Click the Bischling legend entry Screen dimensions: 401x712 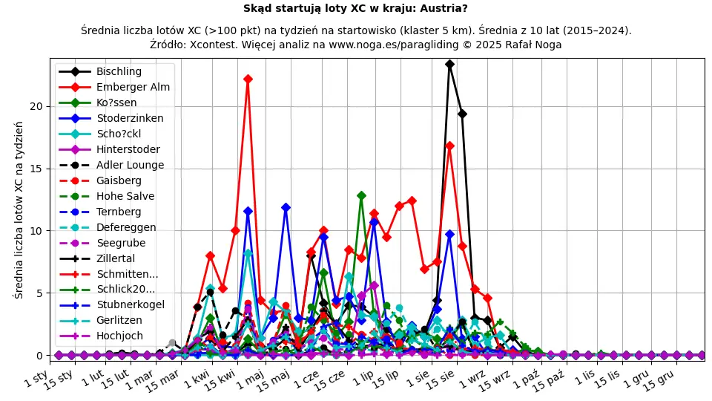(x=119, y=71)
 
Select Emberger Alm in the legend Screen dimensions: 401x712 (x=133, y=87)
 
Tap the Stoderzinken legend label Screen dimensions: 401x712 (x=130, y=118)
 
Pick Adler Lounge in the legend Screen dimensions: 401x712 (x=130, y=165)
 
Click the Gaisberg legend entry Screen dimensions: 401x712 (x=119, y=180)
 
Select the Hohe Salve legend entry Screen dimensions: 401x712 (x=125, y=196)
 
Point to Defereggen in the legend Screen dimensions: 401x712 (x=126, y=227)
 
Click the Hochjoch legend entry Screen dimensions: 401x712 (x=119, y=336)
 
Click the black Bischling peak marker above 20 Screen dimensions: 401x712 (x=449, y=65)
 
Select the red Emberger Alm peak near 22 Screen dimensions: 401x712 (x=248, y=79)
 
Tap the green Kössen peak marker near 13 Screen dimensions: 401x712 (x=361, y=195)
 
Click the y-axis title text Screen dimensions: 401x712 (x=19, y=209)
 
